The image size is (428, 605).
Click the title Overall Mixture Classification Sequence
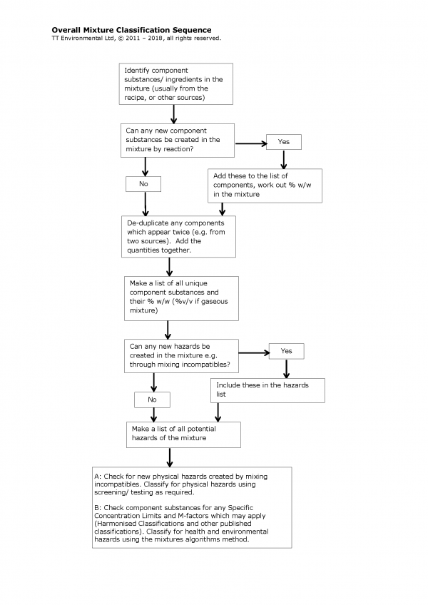[131, 30]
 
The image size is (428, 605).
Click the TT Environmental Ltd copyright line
[136, 38]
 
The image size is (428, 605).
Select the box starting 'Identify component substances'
[173, 83]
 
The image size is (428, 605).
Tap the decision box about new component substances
[178, 140]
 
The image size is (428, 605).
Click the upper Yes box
[283, 142]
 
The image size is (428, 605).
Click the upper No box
[143, 184]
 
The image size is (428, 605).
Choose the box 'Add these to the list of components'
[265, 185]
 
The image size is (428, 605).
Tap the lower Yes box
[286, 351]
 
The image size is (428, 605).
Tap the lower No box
[152, 400]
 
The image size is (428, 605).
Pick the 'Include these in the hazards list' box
[267, 390]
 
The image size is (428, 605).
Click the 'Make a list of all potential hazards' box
[183, 434]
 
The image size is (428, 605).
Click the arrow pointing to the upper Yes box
[250, 143]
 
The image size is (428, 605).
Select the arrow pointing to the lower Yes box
[253, 352]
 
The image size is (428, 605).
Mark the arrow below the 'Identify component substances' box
[173, 113]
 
